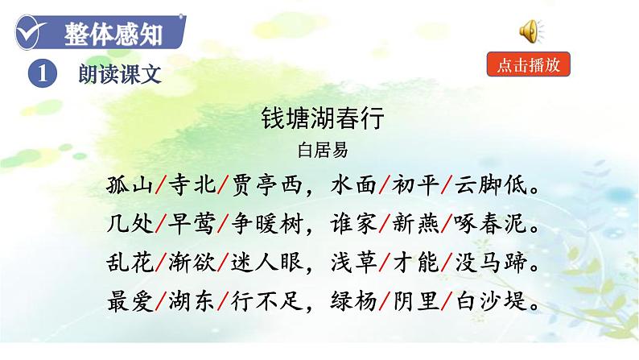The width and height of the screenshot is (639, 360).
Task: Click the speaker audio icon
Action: coord(529,31)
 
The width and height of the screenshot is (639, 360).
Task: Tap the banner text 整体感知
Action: coord(113,35)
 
